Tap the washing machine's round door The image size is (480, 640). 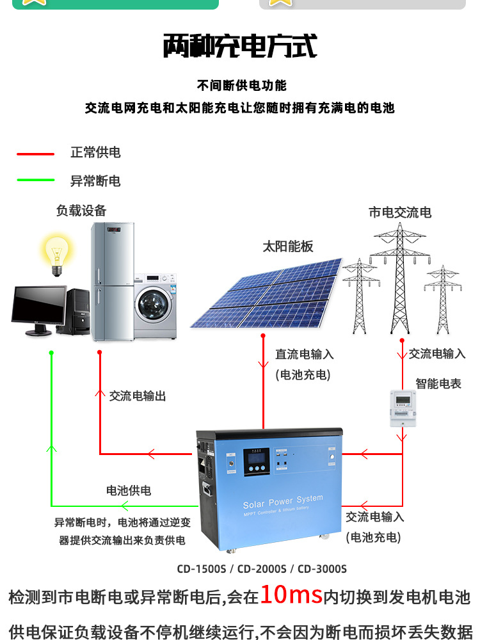154,306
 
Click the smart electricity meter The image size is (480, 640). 403,408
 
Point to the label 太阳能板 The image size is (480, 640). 288,246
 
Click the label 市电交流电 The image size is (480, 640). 400,212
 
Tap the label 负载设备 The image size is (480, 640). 81,211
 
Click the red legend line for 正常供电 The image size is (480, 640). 35,154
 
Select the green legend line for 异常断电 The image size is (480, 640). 35,180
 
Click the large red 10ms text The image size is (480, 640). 291,595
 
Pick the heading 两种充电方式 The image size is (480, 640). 240,45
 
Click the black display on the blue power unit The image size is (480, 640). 257,461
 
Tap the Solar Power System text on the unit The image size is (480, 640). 283,501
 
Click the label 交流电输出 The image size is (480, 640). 138,396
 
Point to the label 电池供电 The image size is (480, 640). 129,490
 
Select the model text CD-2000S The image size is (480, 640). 262,569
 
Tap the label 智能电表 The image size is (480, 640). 438,383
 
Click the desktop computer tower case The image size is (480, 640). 77,312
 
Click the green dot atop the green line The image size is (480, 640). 51,353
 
